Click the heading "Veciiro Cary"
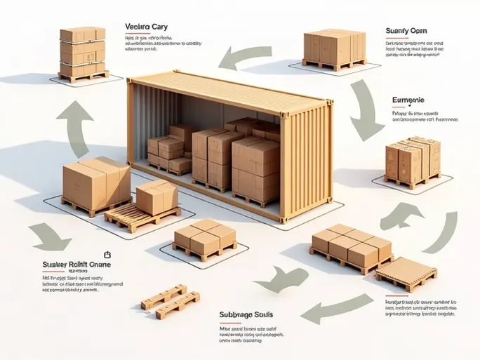point(146,27)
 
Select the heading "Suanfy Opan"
point(406,31)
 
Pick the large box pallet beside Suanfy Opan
point(335,48)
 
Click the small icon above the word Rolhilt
point(107,255)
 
